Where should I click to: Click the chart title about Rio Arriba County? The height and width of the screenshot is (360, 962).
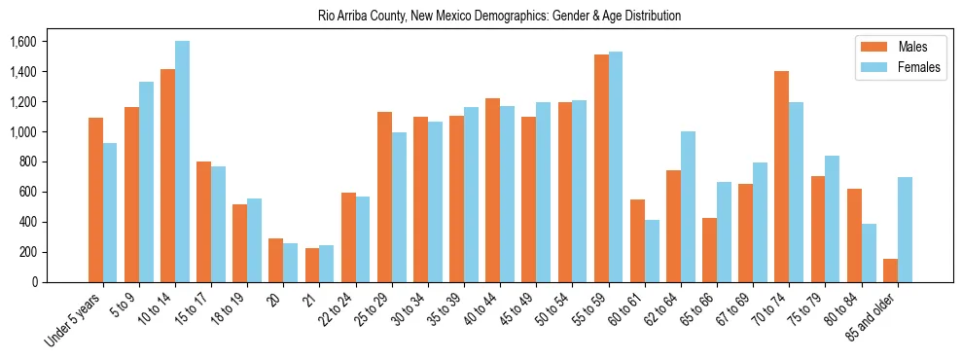pos(499,17)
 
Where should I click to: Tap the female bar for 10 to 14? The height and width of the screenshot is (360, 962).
pos(182,162)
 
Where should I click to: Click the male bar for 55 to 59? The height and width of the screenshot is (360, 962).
pos(601,168)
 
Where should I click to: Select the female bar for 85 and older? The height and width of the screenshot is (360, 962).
pos(905,230)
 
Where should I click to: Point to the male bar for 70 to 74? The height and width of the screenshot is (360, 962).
pos(782,176)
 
